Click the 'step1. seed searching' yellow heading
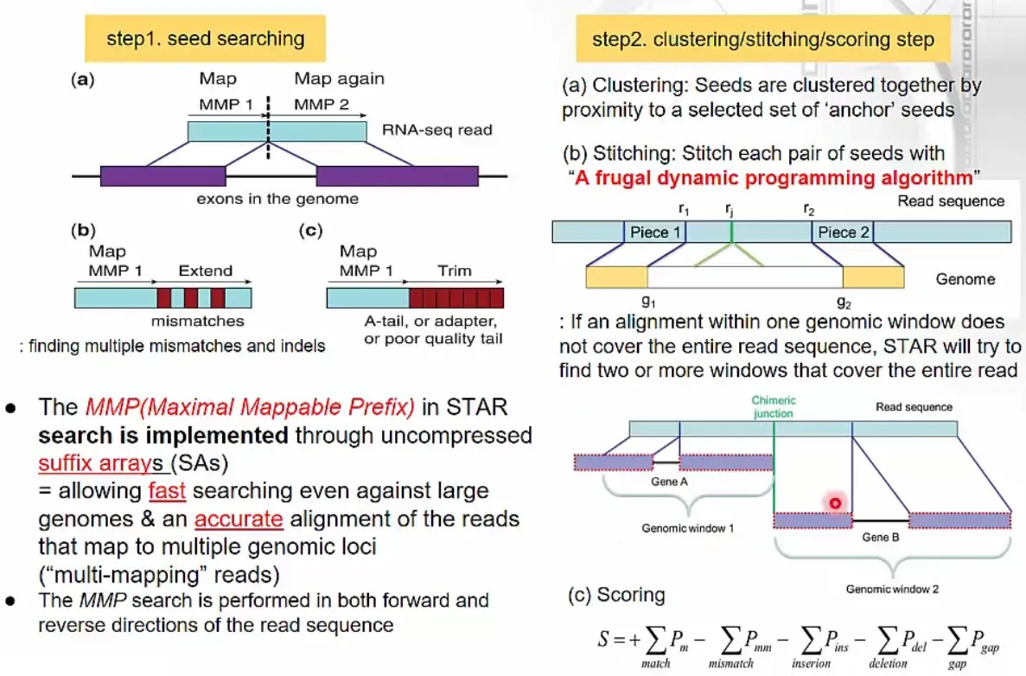[205, 39]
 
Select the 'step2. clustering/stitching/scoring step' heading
[763, 39]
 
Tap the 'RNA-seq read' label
[437, 130]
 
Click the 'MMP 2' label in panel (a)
[322, 104]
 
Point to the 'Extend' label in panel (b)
[206, 271]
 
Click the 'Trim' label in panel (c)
[454, 271]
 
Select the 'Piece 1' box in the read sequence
[655, 233]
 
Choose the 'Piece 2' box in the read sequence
[843, 233]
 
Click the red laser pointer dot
[835, 503]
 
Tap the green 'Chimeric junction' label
[774, 406]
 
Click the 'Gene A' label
[669, 481]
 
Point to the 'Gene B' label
[881, 538]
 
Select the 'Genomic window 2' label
[892, 589]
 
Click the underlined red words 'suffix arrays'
[100, 463]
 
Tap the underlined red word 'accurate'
[239, 519]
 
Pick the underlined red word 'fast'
[167, 491]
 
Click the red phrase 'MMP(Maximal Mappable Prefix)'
[250, 407]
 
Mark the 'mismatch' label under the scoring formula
[731, 664]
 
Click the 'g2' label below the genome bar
[844, 303]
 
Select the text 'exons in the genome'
[277, 199]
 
